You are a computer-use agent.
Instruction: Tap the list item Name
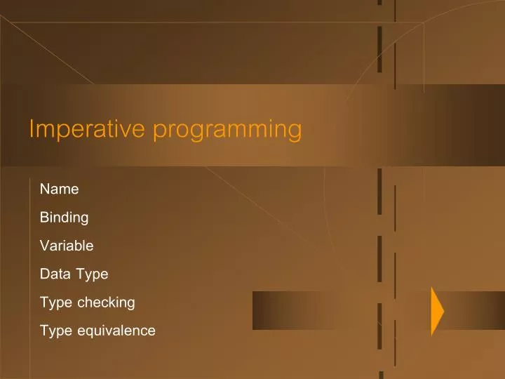pos(59,189)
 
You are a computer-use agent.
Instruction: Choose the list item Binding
pos(64,218)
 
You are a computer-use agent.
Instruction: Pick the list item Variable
pos(67,246)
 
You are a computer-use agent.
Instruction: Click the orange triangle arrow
pos(436,311)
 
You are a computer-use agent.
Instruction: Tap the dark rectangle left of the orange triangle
pos(341,310)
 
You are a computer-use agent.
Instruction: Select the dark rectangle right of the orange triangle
pos(475,310)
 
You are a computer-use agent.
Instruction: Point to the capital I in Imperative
pos(32,129)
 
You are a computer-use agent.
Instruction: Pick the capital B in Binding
pos(44,218)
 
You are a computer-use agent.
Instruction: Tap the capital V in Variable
pos(44,246)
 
